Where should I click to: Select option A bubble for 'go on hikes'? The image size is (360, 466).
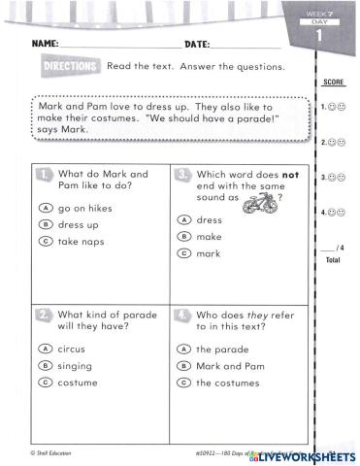click(45, 208)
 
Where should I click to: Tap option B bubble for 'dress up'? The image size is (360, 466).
click(45, 224)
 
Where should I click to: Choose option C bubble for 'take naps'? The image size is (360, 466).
click(45, 241)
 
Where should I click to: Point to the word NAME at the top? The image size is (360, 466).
click(46, 45)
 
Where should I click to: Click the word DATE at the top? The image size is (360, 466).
click(197, 45)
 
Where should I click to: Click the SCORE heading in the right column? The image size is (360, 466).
click(332, 86)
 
